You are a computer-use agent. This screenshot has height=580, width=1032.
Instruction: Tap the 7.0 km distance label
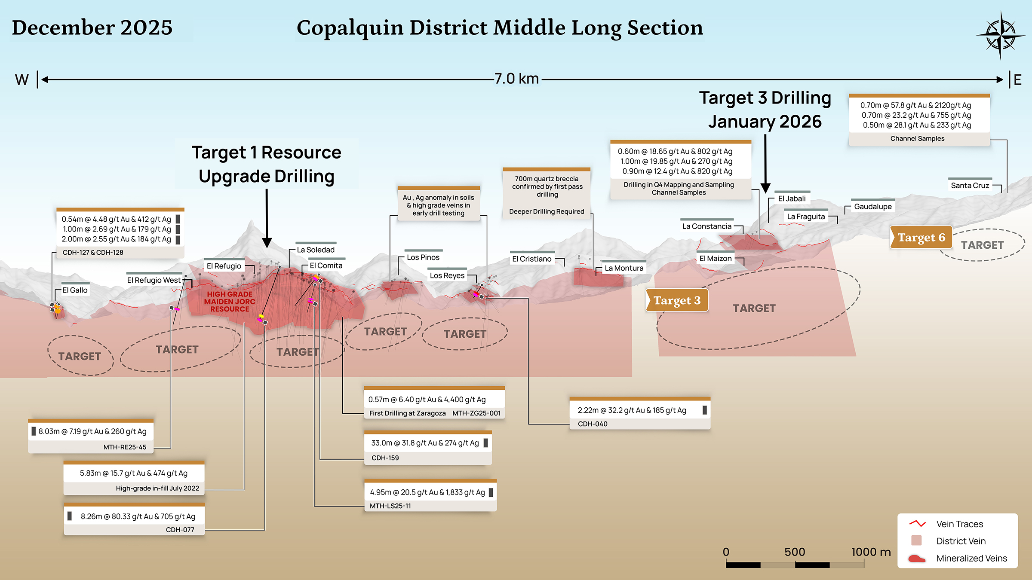(516, 79)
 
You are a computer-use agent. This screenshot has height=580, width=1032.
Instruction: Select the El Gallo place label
(75, 290)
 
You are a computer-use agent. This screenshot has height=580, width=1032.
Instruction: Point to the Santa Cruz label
(970, 186)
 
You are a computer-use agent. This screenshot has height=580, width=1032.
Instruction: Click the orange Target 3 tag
(677, 300)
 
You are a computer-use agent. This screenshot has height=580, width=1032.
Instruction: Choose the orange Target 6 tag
(921, 238)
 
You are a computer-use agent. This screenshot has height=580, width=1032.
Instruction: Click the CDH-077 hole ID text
(180, 530)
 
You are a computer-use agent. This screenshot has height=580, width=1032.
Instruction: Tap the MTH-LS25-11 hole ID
(390, 506)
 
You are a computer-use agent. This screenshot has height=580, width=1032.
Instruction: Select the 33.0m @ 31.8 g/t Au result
(425, 443)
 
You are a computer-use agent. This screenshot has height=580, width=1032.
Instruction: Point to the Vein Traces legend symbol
(917, 524)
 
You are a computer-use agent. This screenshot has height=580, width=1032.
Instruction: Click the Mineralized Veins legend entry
(971, 558)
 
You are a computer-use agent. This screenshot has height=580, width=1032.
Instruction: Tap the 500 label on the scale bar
(794, 552)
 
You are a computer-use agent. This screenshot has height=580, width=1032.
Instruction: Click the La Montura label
(624, 268)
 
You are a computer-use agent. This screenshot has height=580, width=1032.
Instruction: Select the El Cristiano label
(531, 259)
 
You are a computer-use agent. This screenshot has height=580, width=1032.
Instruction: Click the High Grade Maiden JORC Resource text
(230, 302)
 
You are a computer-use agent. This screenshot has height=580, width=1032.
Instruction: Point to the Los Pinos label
(423, 257)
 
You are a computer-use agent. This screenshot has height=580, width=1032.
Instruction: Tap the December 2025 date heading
(92, 27)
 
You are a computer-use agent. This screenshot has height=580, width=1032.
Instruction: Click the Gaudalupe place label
(873, 207)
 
